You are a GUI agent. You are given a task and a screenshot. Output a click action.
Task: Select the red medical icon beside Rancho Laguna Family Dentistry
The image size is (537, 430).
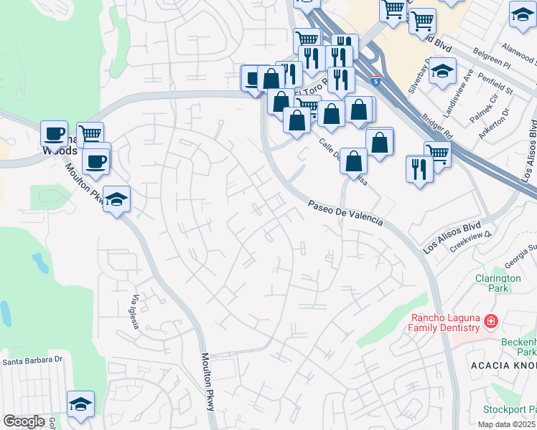point(490,322)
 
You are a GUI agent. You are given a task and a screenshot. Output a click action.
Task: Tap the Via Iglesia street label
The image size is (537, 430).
point(135,311)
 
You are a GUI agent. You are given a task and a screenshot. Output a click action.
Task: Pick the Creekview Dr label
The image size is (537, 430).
point(470,240)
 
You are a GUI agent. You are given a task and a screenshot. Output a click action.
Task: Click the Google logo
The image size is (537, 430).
point(24,421)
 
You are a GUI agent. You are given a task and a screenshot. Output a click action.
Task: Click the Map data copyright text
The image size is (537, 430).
point(506,424)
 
